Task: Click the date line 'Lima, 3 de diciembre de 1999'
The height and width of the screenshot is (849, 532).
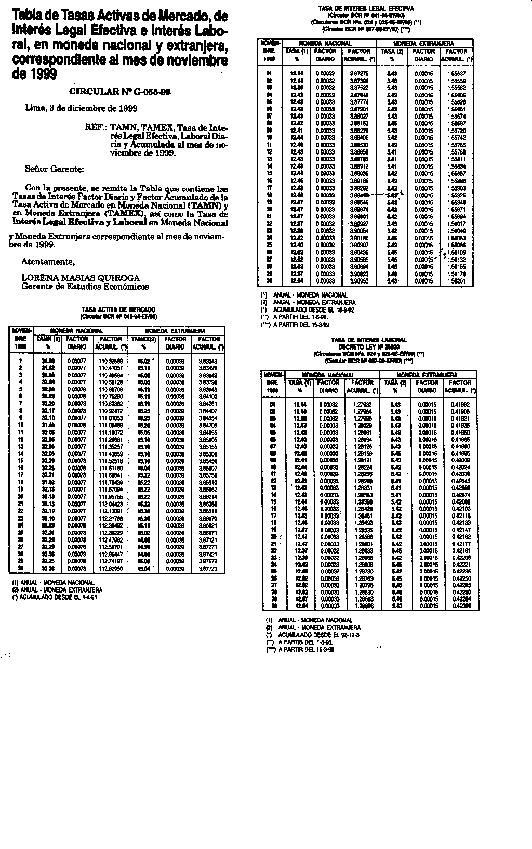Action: (82, 109)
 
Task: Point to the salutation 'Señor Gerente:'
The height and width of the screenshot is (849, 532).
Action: (55, 169)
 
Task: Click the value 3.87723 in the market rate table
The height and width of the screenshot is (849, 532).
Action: (208, 569)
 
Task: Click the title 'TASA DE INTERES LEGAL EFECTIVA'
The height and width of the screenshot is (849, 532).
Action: (366, 9)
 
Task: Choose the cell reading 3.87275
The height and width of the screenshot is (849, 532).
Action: (359, 74)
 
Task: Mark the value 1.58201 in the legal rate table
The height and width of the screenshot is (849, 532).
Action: (457, 280)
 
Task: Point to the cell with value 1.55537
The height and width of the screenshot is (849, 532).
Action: (457, 74)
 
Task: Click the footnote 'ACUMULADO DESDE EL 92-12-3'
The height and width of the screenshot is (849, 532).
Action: (319, 635)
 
